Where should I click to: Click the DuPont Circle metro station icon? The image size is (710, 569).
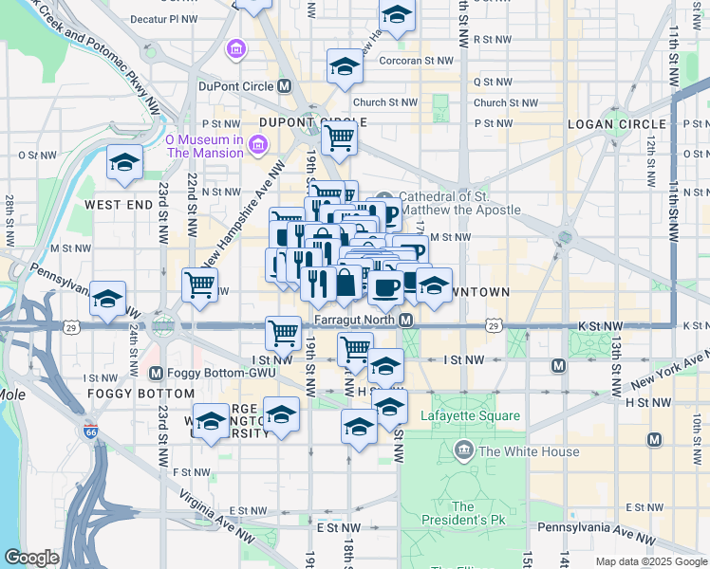[x=284, y=86]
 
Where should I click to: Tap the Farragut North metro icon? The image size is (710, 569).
[x=405, y=321]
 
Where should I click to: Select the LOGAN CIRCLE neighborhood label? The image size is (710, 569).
[x=616, y=124]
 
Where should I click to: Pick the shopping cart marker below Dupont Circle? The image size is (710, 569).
[x=339, y=138]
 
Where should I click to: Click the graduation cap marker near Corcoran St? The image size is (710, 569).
[x=345, y=65]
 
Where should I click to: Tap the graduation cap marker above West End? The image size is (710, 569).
[x=124, y=162]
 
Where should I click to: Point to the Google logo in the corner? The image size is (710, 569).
[x=31, y=558]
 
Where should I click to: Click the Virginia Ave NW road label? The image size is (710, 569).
[x=217, y=517]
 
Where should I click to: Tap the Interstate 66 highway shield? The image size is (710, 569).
[x=90, y=432]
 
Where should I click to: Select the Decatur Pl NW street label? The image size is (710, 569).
[x=164, y=18]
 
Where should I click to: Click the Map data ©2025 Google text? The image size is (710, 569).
[x=651, y=561]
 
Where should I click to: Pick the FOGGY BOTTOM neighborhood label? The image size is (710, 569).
[x=127, y=393]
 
